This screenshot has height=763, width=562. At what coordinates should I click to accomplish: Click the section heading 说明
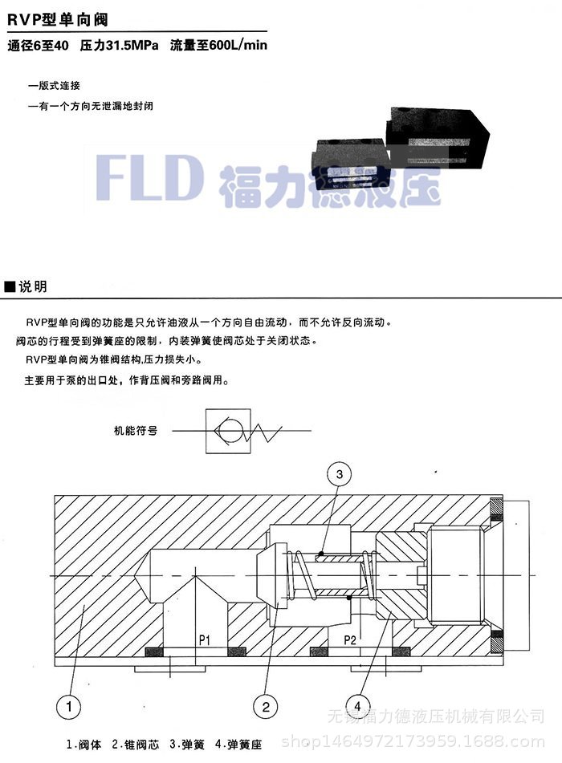click(x=30, y=286)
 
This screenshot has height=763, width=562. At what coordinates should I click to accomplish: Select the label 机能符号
click(x=136, y=430)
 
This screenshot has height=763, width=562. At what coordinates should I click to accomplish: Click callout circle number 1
click(x=70, y=706)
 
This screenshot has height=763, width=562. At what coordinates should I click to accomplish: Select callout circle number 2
click(x=266, y=706)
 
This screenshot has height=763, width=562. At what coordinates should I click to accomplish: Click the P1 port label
click(x=205, y=639)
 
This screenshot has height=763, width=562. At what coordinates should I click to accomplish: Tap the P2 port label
click(x=350, y=639)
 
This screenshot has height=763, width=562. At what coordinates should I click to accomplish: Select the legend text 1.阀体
click(x=86, y=744)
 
